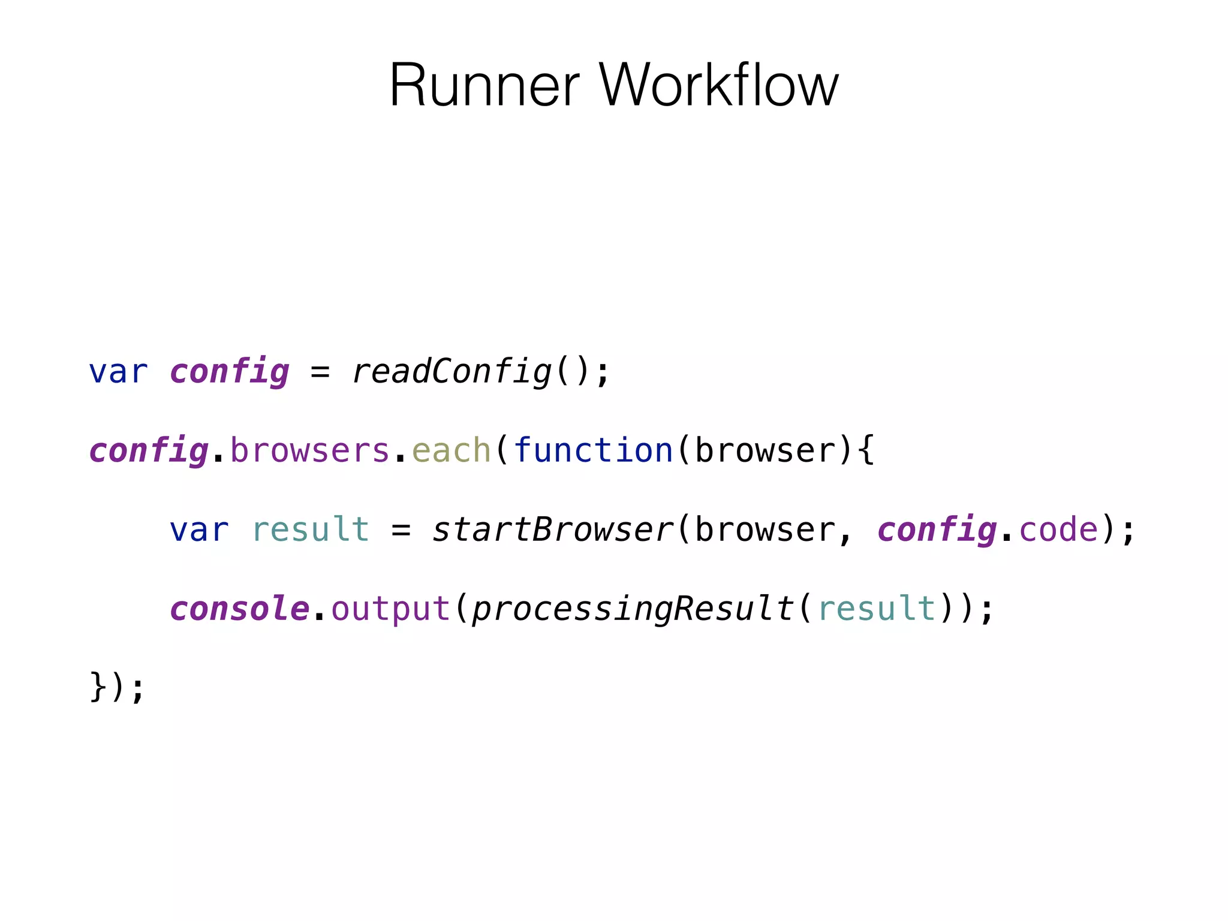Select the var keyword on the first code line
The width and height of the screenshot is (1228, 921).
[x=118, y=372]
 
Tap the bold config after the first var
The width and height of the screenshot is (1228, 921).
[x=230, y=372]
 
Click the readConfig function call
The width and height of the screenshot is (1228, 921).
[x=452, y=372]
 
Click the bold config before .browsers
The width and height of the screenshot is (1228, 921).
[x=149, y=451]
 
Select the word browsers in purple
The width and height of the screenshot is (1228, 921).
[x=310, y=451]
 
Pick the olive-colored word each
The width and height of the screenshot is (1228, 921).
[x=452, y=451]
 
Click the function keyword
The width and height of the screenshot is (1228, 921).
[x=594, y=451]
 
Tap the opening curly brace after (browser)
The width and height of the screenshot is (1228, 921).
[x=866, y=451]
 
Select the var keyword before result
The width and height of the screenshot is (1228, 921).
[x=199, y=530]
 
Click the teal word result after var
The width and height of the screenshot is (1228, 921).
[x=310, y=530]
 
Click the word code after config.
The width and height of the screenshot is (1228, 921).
[x=1058, y=530]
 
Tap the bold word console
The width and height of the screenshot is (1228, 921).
[x=240, y=609]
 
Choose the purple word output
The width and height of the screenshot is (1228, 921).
[x=390, y=609]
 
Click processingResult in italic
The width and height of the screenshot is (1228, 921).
[x=633, y=609]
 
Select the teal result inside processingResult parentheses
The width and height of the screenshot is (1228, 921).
[x=876, y=609]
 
